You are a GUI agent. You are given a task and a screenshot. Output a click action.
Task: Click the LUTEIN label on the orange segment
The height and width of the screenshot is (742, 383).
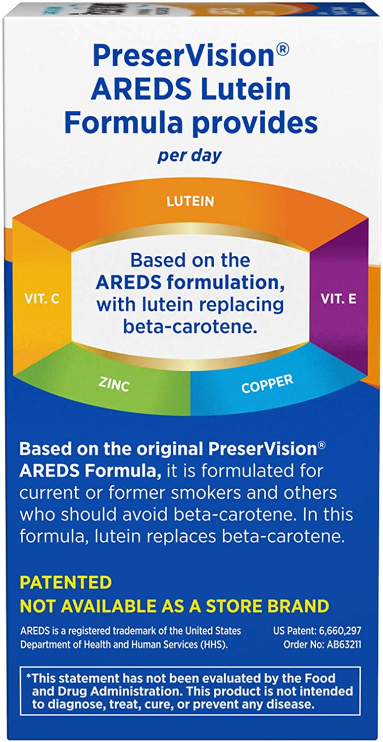click(190, 201)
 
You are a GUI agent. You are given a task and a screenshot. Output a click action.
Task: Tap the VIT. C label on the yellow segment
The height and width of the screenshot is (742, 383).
click(42, 299)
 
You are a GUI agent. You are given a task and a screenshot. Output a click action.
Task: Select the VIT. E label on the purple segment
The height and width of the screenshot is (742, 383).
click(338, 299)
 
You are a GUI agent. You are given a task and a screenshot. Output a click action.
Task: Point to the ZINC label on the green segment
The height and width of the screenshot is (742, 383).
click(114, 384)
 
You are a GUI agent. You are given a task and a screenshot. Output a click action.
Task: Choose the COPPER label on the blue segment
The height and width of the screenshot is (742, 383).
click(267, 383)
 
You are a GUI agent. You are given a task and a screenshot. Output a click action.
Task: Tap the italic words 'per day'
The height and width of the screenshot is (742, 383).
click(190, 156)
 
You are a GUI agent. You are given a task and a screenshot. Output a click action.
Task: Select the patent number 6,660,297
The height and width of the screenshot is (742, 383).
click(340, 631)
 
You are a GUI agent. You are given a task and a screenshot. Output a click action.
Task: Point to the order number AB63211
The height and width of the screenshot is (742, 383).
click(341, 645)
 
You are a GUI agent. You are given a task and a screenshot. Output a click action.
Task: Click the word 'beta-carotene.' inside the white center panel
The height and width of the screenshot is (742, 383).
click(190, 326)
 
